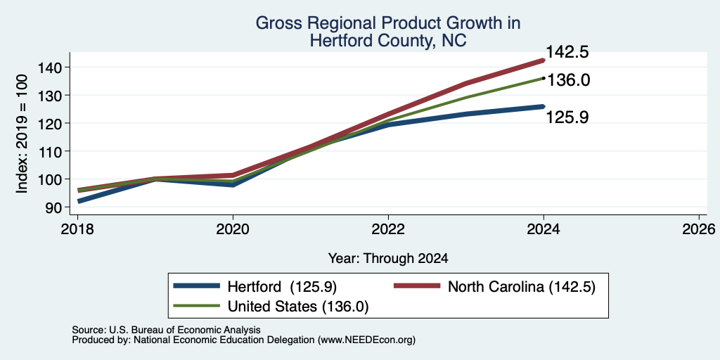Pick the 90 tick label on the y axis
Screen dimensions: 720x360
tap(60, 207)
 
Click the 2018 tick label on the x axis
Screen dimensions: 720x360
tap(77, 229)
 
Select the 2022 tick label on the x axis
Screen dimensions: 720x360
tap(388, 229)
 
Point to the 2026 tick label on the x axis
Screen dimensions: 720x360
tap(699, 229)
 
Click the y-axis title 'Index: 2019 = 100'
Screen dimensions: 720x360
tap(22, 134)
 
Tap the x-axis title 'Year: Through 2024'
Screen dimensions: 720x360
tap(388, 259)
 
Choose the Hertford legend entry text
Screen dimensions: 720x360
tap(283, 287)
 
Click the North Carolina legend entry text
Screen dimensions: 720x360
tap(522, 287)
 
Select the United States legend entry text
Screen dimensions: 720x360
tap(298, 307)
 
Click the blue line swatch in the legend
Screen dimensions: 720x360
tap(197, 286)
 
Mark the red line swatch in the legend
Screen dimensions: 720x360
tap(418, 286)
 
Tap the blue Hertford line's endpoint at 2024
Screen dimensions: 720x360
tap(544, 107)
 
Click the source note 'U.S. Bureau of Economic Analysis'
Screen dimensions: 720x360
tap(185, 330)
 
